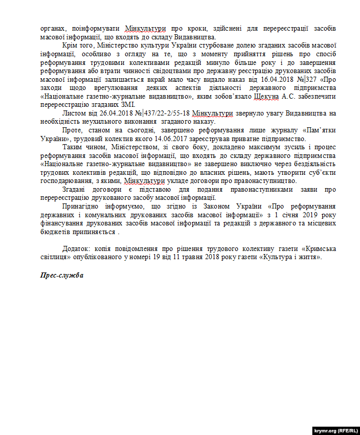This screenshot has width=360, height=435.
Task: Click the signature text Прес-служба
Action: coord(61,275)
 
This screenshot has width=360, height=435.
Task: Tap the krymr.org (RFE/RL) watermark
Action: coord(334,430)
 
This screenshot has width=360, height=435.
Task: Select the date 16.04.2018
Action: coord(277,80)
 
